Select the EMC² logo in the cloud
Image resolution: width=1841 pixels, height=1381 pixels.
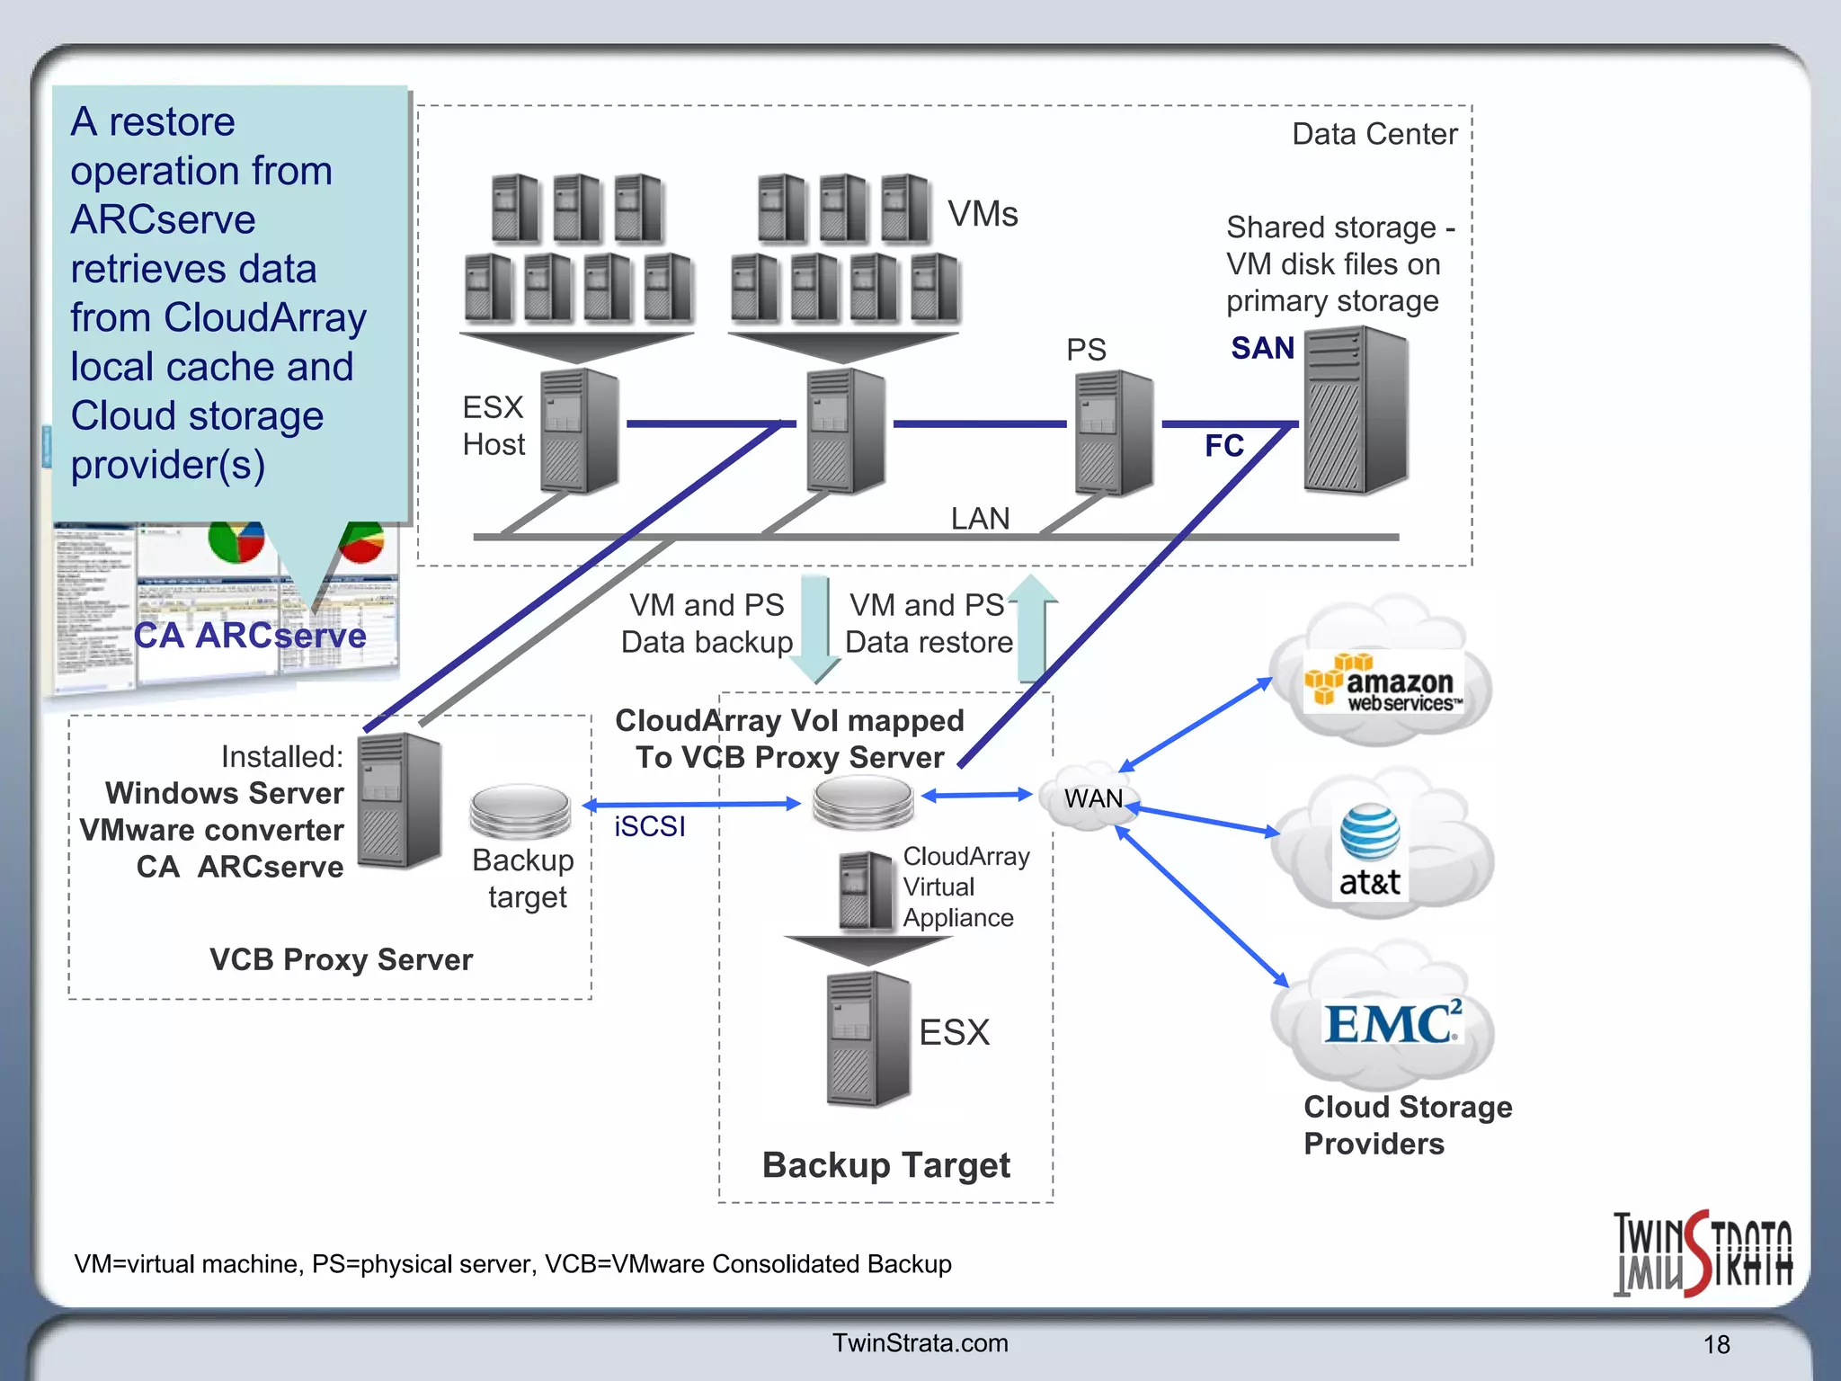tap(1392, 1023)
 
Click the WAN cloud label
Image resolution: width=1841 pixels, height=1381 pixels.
tap(1093, 797)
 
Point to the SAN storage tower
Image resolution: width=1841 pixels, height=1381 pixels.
tap(1356, 410)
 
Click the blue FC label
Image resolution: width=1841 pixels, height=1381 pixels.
tap(1223, 446)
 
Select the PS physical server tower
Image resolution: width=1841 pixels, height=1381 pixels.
tap(1114, 432)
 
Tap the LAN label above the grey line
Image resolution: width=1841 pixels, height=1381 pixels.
tap(980, 519)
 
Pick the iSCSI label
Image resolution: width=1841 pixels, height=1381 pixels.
tap(649, 826)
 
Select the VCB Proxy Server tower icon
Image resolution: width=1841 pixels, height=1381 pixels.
tap(399, 800)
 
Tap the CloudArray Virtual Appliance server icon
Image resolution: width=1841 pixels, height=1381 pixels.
tap(867, 890)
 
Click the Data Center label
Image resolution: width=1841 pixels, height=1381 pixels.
tap(1374, 134)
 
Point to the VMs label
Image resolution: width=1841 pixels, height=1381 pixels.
tap(983, 214)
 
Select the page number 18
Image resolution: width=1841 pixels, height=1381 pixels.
tap(1716, 1344)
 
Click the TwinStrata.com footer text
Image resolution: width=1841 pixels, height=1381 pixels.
tap(920, 1342)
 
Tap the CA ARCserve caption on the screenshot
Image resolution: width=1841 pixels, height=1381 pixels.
tap(250, 636)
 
